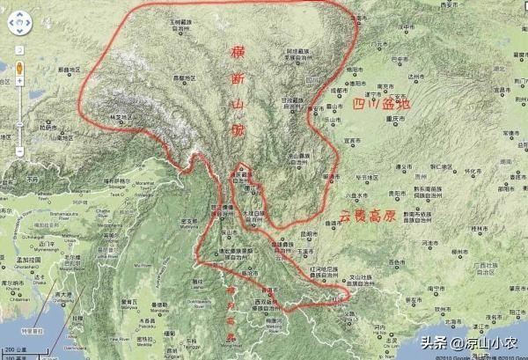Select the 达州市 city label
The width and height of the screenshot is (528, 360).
(427, 77)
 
